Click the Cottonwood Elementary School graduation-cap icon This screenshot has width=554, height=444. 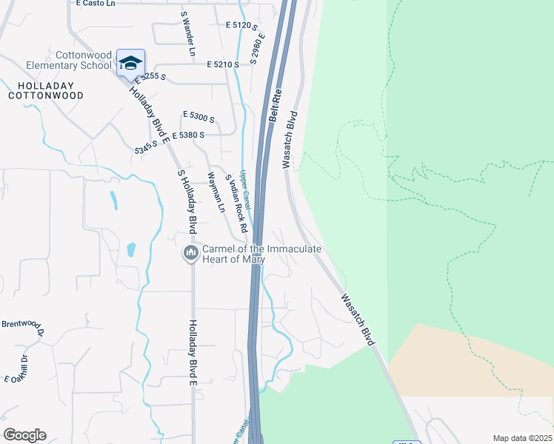[x=130, y=63]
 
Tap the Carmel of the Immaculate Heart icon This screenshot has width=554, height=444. [x=191, y=253]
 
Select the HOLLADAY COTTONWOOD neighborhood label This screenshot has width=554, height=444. [x=45, y=90]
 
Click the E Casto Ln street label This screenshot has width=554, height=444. [x=96, y=4]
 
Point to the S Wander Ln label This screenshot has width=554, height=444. [x=187, y=34]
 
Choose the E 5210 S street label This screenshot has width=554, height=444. [x=223, y=65]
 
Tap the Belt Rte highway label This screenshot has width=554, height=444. [x=275, y=107]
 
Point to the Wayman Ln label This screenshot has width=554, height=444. [x=216, y=192]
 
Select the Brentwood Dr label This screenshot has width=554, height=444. [x=23, y=326]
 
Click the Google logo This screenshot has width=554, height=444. [x=24, y=435]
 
